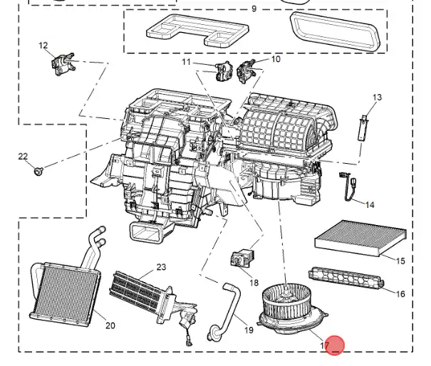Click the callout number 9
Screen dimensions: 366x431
coord(253,9)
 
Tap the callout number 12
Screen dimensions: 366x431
coord(43,46)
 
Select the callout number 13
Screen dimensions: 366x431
coord(377,98)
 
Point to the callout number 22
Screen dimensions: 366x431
coord(23,157)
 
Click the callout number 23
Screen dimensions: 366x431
coord(161,267)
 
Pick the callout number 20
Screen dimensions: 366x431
coord(110,325)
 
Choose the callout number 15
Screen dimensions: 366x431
coord(400,261)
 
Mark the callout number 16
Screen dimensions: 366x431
coord(400,294)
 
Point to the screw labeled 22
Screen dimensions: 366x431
coord(40,171)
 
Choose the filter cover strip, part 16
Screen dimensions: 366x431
coord(344,279)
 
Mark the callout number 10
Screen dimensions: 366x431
coord(276,59)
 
